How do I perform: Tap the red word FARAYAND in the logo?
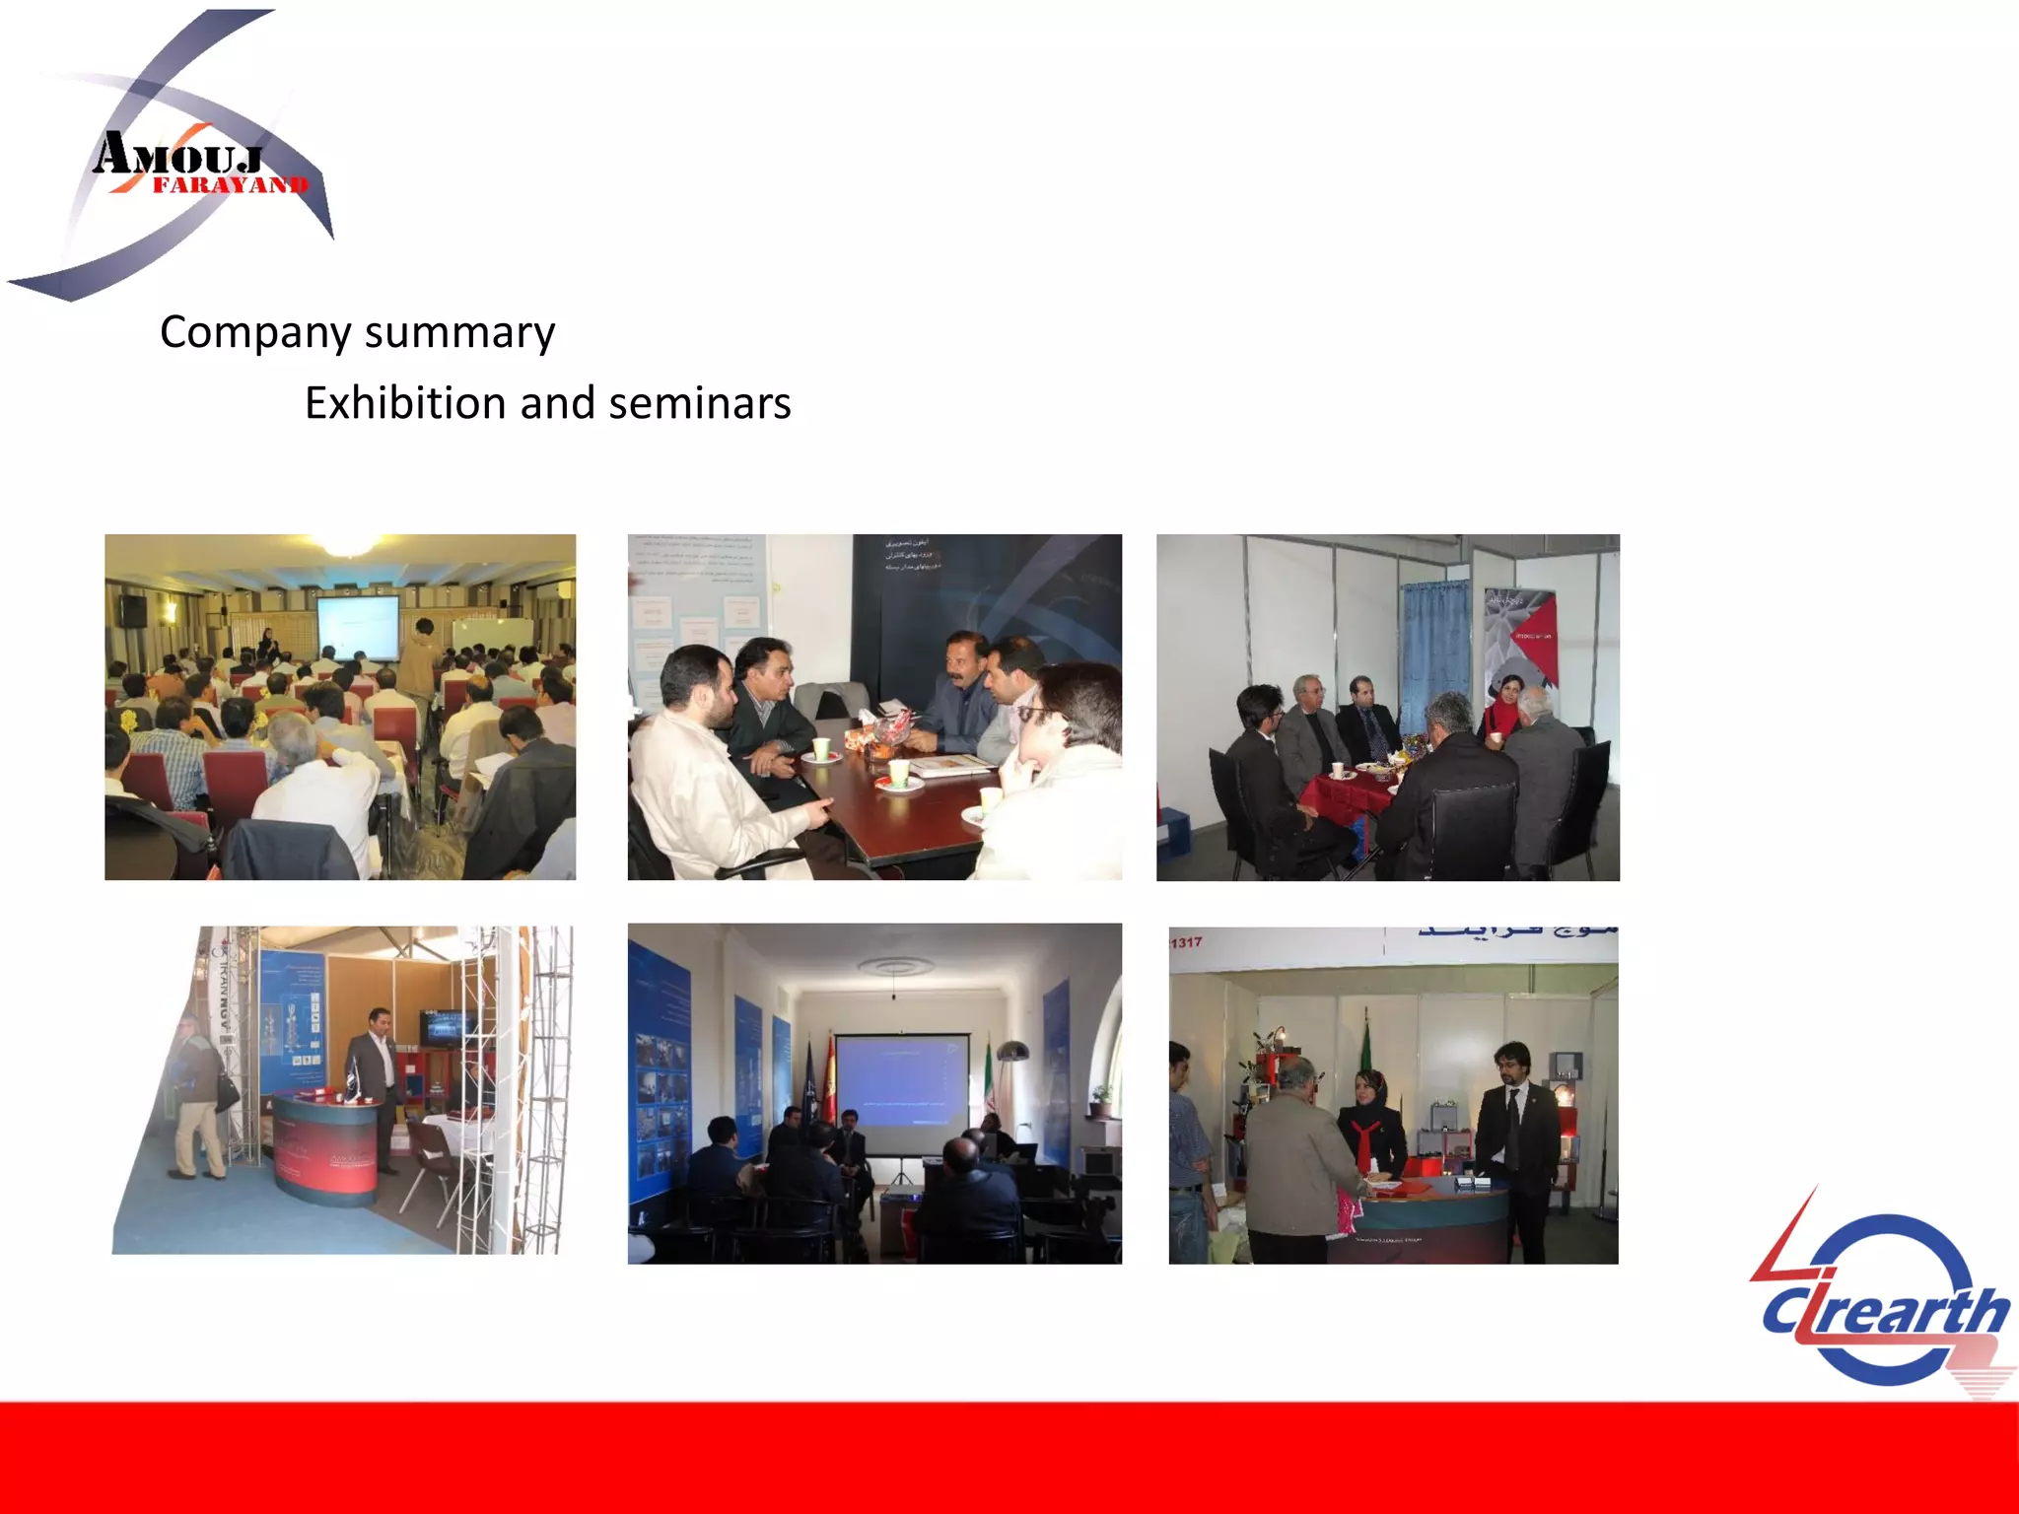click(x=230, y=185)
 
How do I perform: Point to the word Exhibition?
click(x=405, y=403)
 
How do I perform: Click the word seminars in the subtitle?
click(x=700, y=403)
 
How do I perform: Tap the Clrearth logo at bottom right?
click(x=1883, y=1301)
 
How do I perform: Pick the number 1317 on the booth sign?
click(x=1186, y=942)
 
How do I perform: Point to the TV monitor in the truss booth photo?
click(x=446, y=1028)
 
